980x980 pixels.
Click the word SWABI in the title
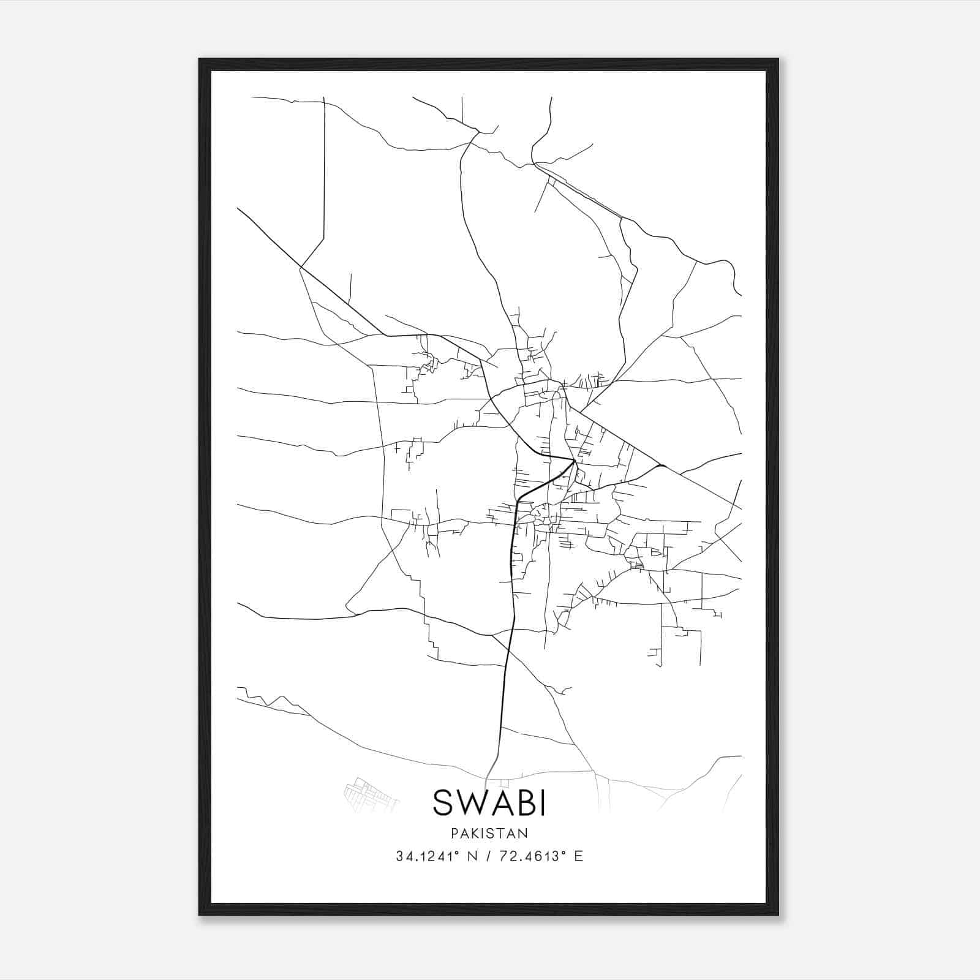click(489, 802)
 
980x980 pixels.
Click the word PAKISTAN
click(489, 833)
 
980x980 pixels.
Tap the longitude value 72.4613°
click(531, 856)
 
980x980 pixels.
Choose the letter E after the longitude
click(579, 856)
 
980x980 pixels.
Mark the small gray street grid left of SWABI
click(367, 795)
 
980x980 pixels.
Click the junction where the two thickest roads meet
click(574, 461)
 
